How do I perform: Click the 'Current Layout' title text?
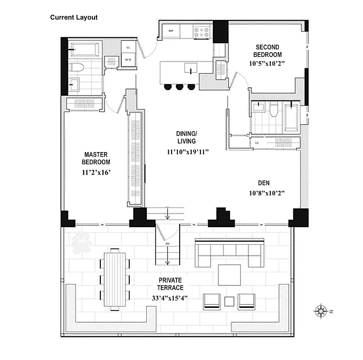tap(74, 18)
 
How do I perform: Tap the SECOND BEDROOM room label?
tap(267, 51)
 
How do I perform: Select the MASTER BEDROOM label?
tap(95, 158)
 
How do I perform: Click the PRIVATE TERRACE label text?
tap(170, 283)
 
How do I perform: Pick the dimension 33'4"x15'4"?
tap(170, 297)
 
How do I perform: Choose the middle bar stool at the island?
tap(180, 86)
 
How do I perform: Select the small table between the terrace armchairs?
tap(230, 301)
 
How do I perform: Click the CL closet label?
tap(128, 47)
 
